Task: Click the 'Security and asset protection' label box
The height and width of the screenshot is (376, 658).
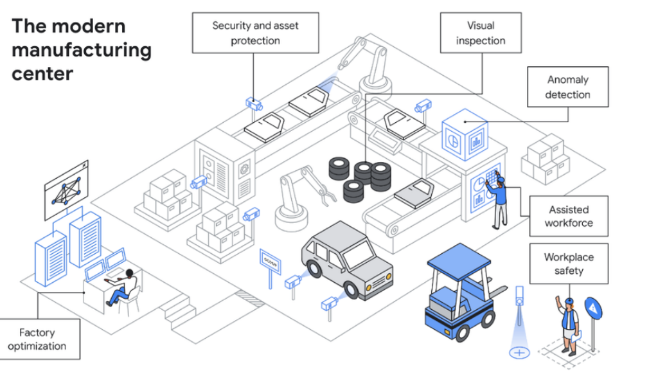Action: (x=255, y=33)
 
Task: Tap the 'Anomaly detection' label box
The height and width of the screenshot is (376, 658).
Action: (x=567, y=87)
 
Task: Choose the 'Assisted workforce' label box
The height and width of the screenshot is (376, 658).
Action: (x=568, y=216)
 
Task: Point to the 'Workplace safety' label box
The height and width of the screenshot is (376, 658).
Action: (x=569, y=264)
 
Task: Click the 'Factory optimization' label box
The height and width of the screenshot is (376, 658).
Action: (x=40, y=339)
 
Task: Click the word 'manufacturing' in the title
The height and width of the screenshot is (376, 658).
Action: (x=81, y=50)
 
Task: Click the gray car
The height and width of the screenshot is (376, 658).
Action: (x=347, y=256)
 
